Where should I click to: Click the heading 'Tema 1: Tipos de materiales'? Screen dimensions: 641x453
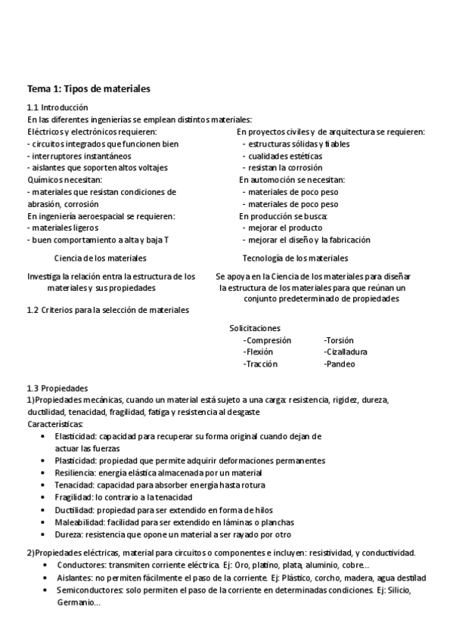coord(88,89)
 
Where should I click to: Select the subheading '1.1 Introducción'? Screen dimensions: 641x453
coord(57,107)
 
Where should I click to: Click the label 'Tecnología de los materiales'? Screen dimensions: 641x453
coord(294,258)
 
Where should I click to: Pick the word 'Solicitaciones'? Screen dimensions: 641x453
coord(255,328)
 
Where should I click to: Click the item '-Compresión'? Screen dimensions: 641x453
coord(267,340)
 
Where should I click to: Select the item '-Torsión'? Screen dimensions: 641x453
coord(338,340)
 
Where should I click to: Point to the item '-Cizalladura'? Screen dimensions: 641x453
coord(346,352)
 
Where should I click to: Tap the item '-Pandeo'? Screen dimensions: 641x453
coord(339,364)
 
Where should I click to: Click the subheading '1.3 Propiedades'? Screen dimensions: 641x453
coord(57,388)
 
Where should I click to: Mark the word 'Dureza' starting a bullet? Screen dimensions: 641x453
coord(69,534)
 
